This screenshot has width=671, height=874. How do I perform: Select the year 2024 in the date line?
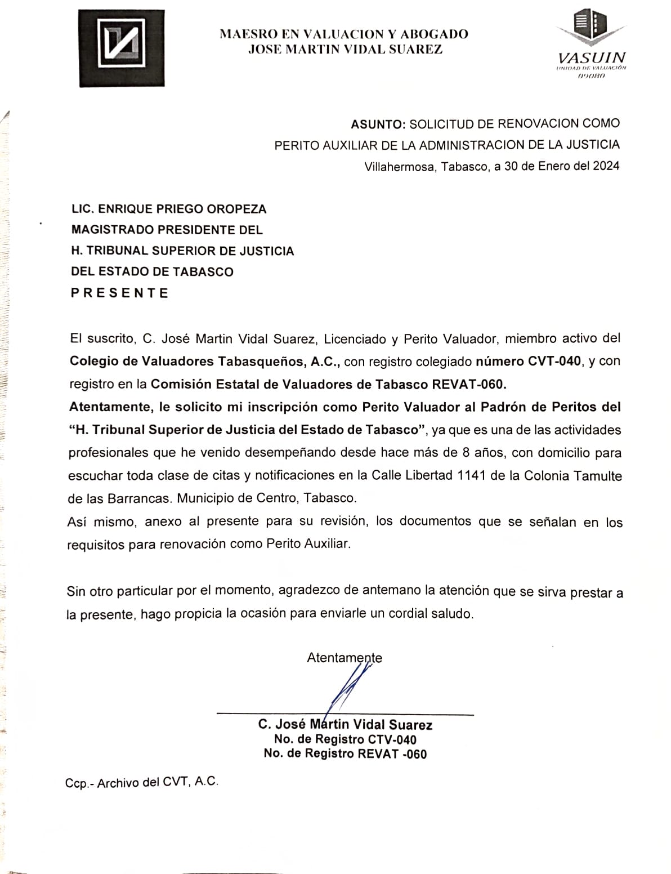pos(606,166)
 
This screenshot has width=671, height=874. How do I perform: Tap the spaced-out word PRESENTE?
pos(120,293)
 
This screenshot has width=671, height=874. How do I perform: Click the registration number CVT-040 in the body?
pos(554,361)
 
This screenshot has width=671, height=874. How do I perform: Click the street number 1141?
pos(472,476)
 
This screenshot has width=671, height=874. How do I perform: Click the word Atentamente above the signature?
pos(344,658)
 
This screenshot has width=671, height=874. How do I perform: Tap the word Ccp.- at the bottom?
pos(79,783)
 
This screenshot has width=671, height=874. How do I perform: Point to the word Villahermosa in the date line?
pos(399,166)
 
